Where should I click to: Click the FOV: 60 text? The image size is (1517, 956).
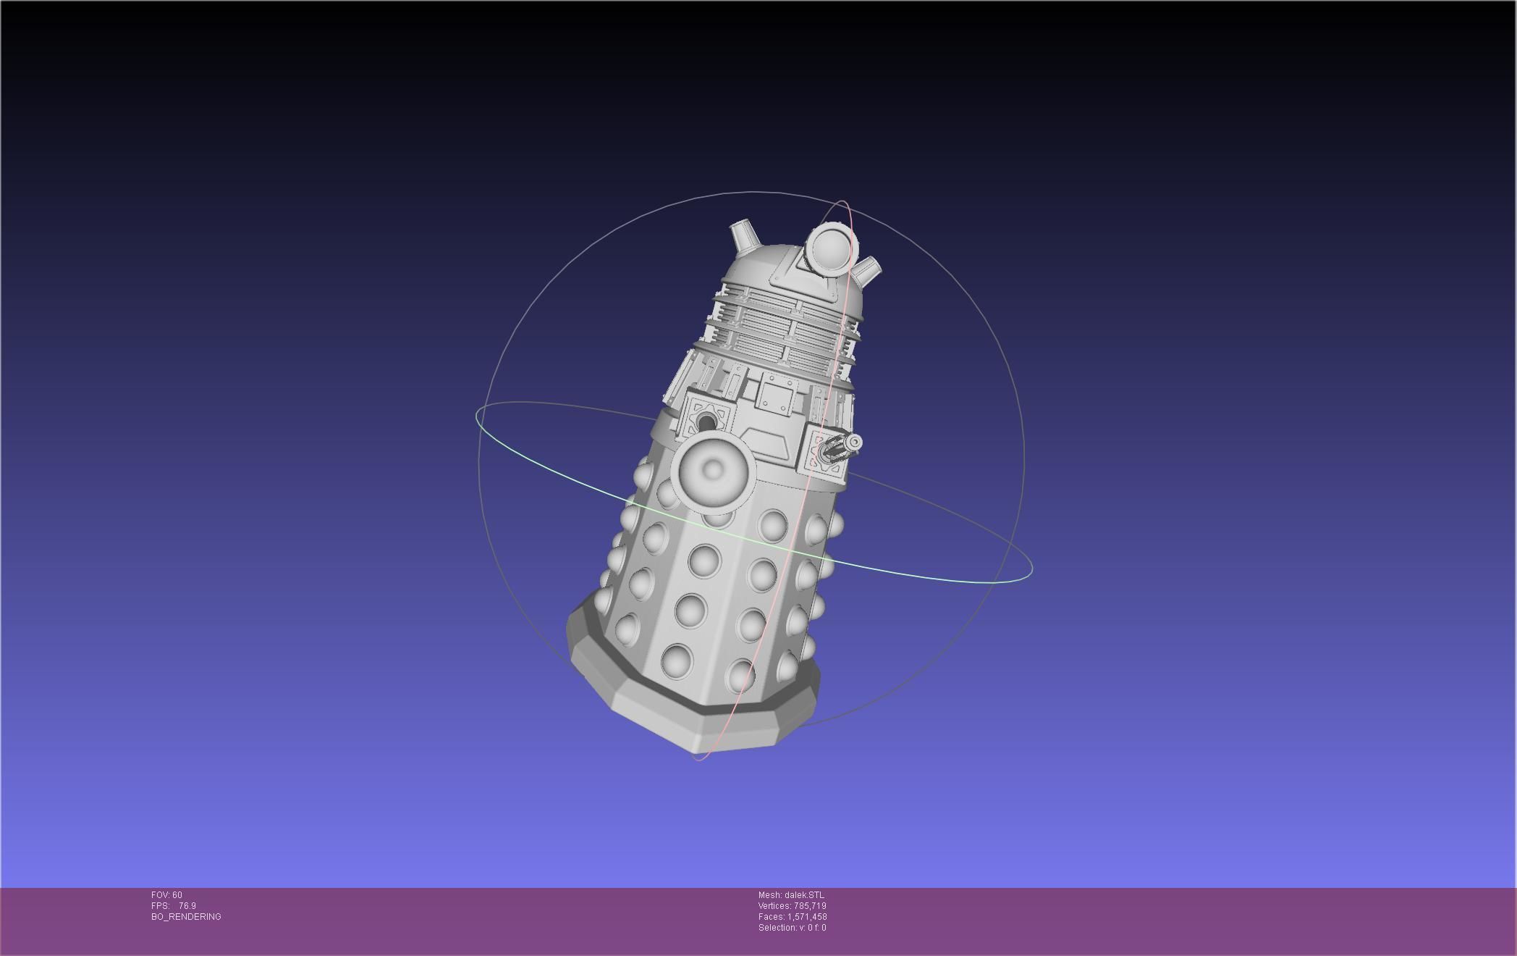[166, 895]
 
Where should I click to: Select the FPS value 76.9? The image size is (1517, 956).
[187, 906]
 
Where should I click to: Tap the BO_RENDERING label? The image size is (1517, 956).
[186, 917]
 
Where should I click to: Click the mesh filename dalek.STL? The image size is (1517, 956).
[804, 895]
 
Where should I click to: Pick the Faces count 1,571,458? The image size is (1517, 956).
[807, 917]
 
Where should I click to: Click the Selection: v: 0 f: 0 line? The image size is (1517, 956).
[792, 928]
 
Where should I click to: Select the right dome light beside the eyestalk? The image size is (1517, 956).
[867, 269]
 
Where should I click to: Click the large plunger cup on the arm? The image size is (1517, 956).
[713, 470]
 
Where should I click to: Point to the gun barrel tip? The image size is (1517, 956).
[855, 443]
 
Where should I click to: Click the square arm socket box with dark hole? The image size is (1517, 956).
[706, 421]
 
